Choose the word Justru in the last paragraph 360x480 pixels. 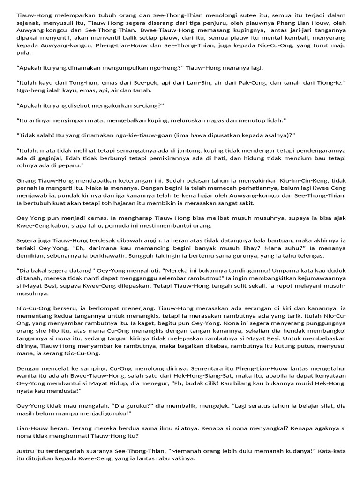pyautogui.click(x=25, y=451)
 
